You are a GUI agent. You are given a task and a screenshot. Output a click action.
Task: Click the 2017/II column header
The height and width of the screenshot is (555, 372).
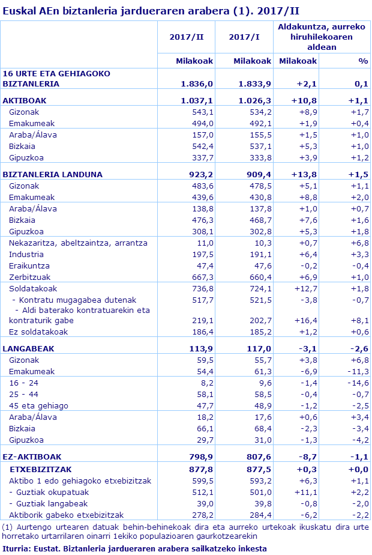tap(187, 37)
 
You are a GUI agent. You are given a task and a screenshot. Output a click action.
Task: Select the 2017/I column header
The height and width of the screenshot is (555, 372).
tap(244, 37)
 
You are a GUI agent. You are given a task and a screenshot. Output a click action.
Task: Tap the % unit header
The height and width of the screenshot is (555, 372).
tap(362, 61)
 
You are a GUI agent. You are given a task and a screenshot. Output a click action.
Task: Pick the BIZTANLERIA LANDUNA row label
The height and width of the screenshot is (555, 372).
tap(53, 174)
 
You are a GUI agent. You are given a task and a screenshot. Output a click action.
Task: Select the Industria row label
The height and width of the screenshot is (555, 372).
tap(26, 254)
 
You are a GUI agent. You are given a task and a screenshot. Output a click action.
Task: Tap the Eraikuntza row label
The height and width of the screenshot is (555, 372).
tap(29, 265)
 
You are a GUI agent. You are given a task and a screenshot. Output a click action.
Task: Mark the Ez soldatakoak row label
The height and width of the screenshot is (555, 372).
tap(38, 332)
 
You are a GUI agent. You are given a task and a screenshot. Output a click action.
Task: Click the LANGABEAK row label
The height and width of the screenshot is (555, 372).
tap(25, 348)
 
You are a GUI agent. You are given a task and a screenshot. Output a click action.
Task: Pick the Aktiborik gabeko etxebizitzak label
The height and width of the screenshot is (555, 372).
tap(66, 515)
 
